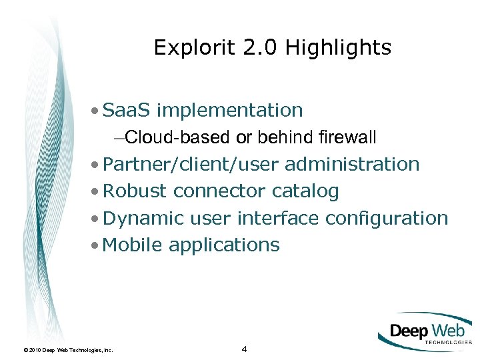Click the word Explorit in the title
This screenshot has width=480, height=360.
[x=185, y=48]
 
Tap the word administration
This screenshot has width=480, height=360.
[x=352, y=164]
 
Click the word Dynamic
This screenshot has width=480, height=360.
[x=144, y=218]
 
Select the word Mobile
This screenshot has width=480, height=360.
[x=133, y=245]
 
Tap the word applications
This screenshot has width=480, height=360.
[x=224, y=245]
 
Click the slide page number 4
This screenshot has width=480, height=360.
[x=245, y=349]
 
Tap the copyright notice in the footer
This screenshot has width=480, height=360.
[x=67, y=349]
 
